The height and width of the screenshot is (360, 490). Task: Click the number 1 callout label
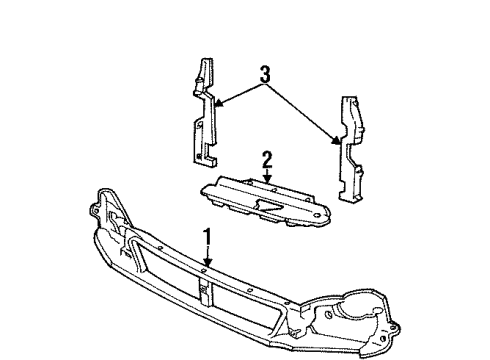(207, 237)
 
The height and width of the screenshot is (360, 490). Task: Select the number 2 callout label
(267, 158)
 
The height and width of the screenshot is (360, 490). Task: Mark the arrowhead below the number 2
(267, 182)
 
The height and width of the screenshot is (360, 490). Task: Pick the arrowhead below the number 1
(207, 266)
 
